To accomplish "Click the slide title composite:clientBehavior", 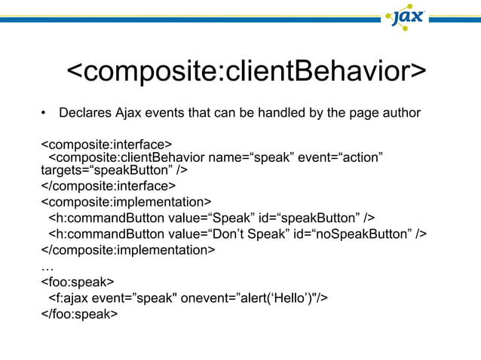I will pos(247,73).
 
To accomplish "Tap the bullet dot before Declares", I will pos(44,114).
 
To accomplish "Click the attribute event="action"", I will pos(341,157).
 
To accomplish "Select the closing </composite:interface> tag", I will pos(109,185).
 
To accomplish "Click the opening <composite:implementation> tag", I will pos(126,202).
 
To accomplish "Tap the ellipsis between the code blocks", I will pos(46,267).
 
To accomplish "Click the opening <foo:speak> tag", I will pos(77,282).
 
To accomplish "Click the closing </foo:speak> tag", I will pos(79,314).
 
